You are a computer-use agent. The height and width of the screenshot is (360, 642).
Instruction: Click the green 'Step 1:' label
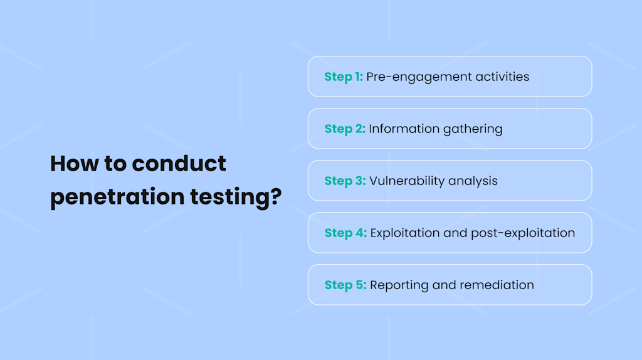coord(344,77)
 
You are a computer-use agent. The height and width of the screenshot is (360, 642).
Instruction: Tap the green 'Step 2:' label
coord(345,129)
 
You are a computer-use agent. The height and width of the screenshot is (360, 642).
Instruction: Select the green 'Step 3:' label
coord(345,181)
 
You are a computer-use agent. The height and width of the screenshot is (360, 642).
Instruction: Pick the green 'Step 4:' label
coord(345,233)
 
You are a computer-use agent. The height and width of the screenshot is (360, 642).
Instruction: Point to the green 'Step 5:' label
coord(345,285)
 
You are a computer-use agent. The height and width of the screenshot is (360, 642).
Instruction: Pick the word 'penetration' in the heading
coord(117,198)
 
